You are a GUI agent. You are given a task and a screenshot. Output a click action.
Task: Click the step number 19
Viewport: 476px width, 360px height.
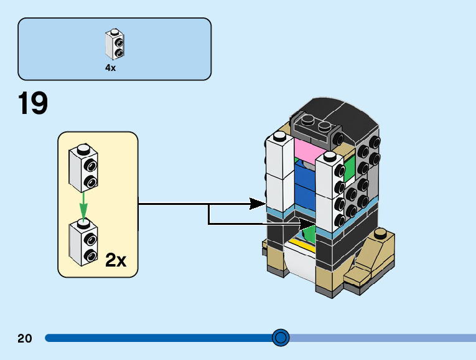point(33,104)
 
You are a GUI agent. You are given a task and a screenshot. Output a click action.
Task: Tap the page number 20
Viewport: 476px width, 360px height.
point(25,338)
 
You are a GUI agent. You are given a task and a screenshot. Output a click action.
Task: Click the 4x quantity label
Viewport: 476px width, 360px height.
point(110,68)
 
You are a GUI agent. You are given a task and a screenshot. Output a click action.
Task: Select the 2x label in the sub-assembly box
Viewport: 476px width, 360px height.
point(116,260)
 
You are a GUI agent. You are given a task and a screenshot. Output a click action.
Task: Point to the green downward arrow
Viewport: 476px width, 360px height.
point(83,206)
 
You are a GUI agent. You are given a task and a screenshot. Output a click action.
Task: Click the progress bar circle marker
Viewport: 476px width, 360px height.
point(281,338)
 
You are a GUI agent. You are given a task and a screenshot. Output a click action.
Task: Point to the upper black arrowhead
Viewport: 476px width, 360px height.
point(258,203)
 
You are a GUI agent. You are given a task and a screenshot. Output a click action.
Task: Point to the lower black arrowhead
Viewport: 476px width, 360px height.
point(307,223)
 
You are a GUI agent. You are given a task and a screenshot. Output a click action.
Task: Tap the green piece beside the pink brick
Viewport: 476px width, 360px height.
point(348,164)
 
